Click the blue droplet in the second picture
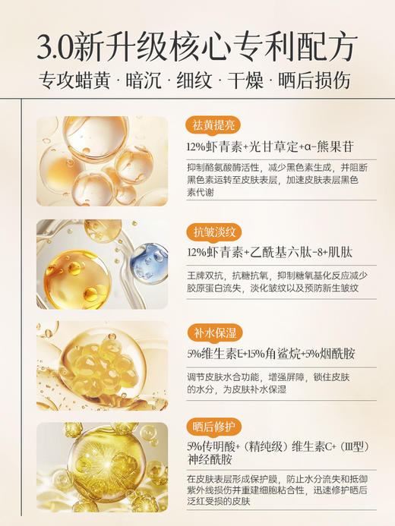click(x=150, y=263)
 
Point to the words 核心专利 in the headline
click(x=227, y=46)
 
